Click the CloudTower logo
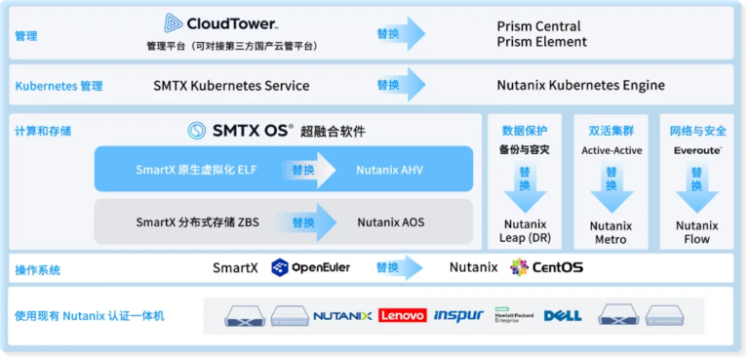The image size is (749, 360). pos(220,23)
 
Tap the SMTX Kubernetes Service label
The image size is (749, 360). pos(231,86)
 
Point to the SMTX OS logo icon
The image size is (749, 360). pos(196,131)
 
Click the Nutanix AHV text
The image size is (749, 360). pos(390,170)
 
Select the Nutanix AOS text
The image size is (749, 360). pos(390,222)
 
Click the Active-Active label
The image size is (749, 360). pos(611,151)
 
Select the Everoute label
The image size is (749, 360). pos(698,151)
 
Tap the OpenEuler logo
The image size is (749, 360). pos(310,267)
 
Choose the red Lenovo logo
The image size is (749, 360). pos(402,316)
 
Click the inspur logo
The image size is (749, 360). pos(458,316)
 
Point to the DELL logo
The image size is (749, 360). pos(563,316)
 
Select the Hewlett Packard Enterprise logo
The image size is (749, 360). pos(513,316)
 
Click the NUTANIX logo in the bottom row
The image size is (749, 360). pos(342,316)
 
